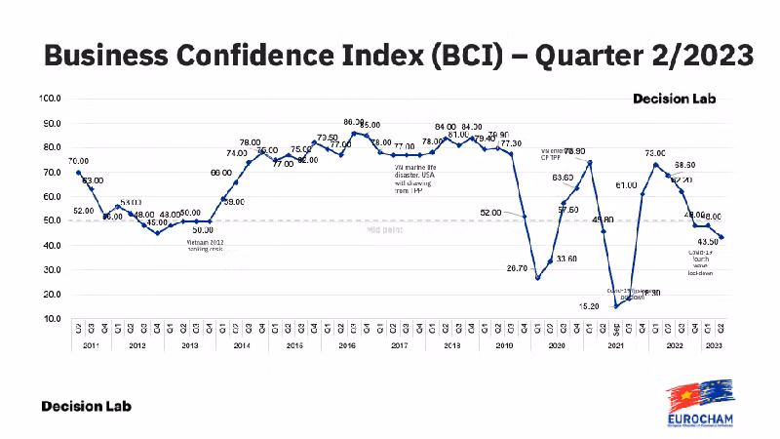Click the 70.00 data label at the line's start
coord(78,161)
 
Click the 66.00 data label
coord(220,173)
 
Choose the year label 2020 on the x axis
coord(558,344)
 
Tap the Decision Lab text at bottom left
coord(86,405)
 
